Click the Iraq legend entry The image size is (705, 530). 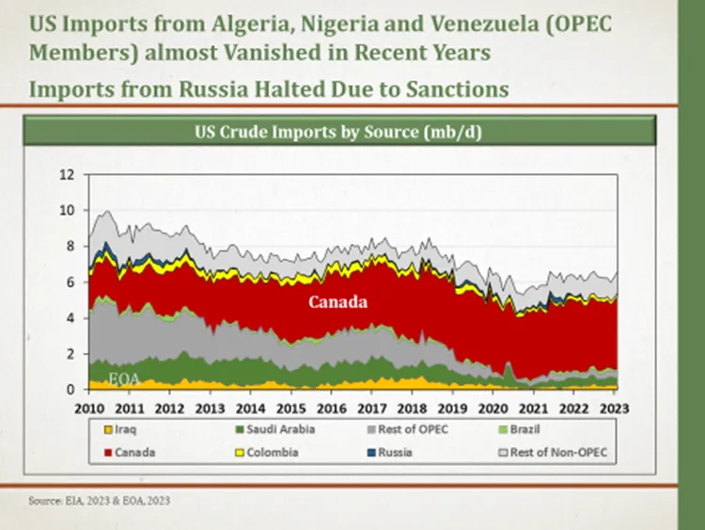pos(120,429)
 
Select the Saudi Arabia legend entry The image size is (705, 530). pos(275,429)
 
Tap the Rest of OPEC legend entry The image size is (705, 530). pos(408,429)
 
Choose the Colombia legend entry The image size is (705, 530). pos(267,452)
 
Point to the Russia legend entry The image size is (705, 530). pos(390,452)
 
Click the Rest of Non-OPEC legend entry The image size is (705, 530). pos(553,452)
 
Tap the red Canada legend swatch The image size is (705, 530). pos(108,452)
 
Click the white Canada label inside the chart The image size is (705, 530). pos(337,301)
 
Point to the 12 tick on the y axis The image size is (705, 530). pos(67,174)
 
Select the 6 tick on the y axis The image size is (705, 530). pos(70,282)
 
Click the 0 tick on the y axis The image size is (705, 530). pos(70,390)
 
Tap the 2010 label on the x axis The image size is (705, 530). pos(89,409)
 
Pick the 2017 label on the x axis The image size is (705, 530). pos(372,409)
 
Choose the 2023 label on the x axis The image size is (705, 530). pos(614,409)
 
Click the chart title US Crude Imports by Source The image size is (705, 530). pos(338,132)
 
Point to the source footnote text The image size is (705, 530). pos(100,500)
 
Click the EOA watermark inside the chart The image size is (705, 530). pos(124,379)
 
